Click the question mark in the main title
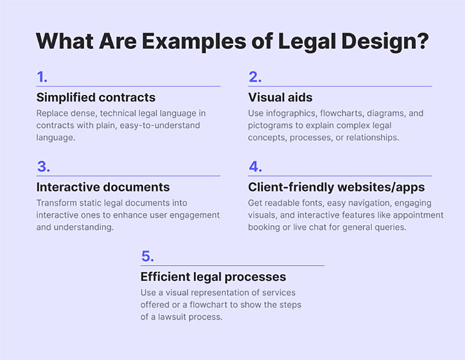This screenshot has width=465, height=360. click(423, 41)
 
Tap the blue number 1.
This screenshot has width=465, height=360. click(42, 77)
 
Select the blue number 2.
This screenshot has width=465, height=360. click(255, 77)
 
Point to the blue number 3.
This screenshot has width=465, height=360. click(43, 167)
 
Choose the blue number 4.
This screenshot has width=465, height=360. click(255, 167)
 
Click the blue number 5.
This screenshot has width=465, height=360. click(147, 256)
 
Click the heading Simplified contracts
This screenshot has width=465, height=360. click(96, 97)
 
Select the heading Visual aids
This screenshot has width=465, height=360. click(280, 97)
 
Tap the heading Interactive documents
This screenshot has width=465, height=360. click(103, 187)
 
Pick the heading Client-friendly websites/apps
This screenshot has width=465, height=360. click(336, 187)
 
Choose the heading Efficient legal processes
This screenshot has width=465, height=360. click(213, 277)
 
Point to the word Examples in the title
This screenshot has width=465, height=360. click(194, 41)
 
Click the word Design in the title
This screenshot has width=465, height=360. click(378, 41)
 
